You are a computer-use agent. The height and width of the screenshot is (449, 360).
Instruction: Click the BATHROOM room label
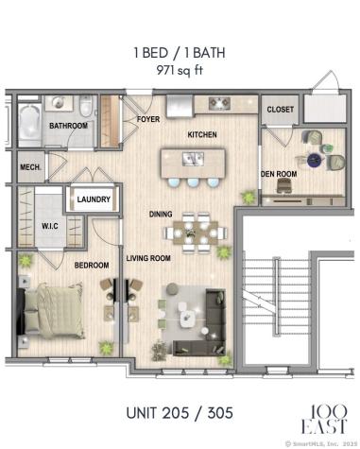pyautogui.click(x=68, y=125)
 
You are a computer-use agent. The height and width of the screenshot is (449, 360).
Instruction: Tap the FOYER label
pyautogui.click(x=148, y=120)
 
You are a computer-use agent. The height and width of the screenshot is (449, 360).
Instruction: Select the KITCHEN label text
pyautogui.click(x=202, y=135)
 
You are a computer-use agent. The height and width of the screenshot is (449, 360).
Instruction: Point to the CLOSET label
pyautogui.click(x=280, y=110)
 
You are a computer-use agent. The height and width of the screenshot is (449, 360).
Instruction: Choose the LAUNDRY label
pyautogui.click(x=94, y=199)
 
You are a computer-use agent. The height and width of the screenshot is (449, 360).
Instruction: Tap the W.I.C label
pyautogui.click(x=50, y=226)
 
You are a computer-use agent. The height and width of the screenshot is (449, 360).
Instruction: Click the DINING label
pyautogui.click(x=160, y=214)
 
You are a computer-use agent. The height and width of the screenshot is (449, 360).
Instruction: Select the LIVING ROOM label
pyautogui.click(x=148, y=257)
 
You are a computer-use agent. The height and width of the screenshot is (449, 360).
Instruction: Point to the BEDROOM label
pyautogui.click(x=93, y=265)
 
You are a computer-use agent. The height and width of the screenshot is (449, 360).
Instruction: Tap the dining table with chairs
pyautogui.click(x=192, y=231)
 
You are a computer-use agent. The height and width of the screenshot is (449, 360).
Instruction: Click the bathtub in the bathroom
pyautogui.click(x=28, y=122)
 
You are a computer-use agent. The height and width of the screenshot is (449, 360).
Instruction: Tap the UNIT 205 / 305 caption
pyautogui.click(x=179, y=413)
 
